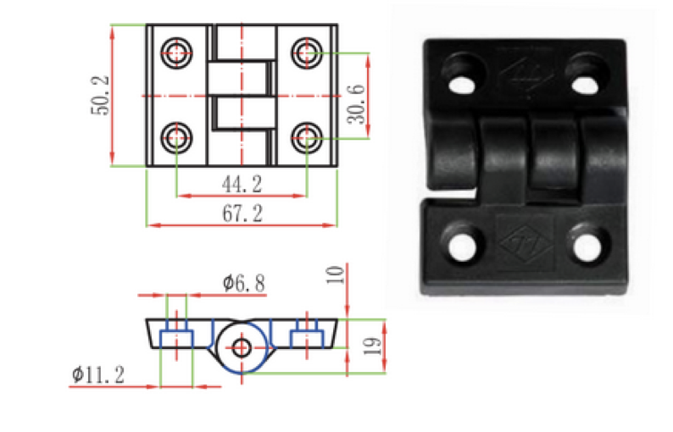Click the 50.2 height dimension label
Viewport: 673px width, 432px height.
[x=100, y=96]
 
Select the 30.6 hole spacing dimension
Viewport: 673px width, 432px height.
[x=356, y=104]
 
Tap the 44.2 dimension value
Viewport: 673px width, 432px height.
[x=242, y=185]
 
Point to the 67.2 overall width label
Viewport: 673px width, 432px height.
[x=242, y=213]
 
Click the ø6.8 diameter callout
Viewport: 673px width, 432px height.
[x=244, y=283]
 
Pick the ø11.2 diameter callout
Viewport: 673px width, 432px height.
[x=98, y=375]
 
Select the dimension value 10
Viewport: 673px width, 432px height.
[x=336, y=275]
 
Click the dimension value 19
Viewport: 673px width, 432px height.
[x=372, y=346]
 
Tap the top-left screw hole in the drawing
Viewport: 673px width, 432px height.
[x=176, y=53]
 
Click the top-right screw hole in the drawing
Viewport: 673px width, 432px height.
[x=307, y=53]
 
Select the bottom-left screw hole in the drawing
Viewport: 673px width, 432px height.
[x=176, y=138]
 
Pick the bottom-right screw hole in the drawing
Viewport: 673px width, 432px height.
[x=307, y=138]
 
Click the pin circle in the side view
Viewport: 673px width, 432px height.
[x=242, y=347]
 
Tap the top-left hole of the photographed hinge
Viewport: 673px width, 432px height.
[x=463, y=83]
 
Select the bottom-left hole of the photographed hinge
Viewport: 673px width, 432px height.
[x=462, y=246]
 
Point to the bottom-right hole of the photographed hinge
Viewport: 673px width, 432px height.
[x=587, y=247]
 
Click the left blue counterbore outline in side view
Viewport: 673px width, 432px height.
[x=176, y=338]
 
